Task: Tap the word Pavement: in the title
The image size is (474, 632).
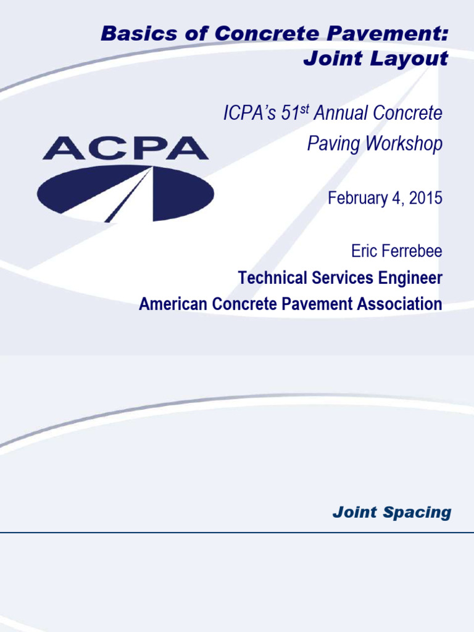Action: coord(401,35)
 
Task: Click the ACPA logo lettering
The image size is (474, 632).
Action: coord(125,148)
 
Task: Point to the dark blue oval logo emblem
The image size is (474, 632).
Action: coord(125,193)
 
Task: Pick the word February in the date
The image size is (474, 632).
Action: coord(356,198)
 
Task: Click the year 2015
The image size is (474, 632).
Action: coord(426,198)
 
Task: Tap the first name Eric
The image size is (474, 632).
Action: coord(364,251)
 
